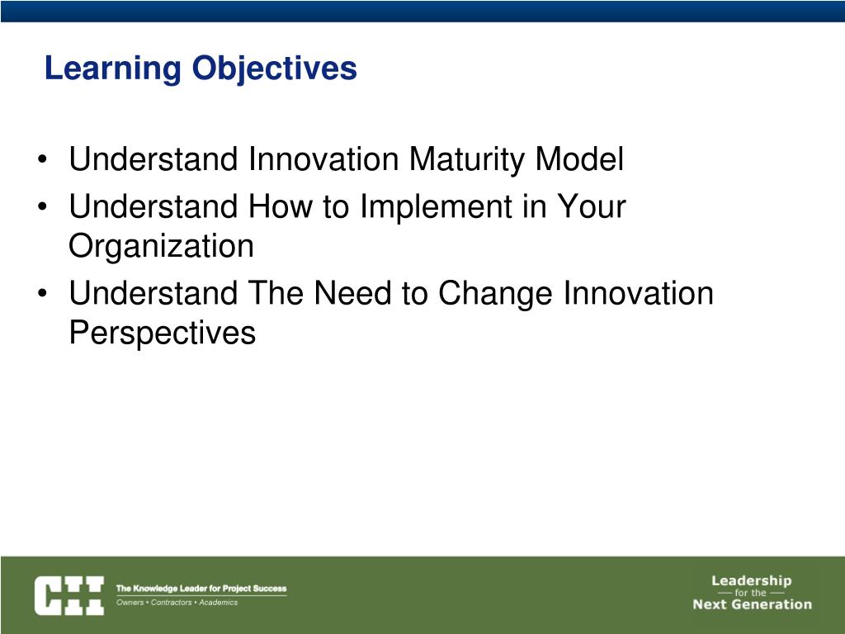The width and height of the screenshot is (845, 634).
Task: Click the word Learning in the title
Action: (113, 69)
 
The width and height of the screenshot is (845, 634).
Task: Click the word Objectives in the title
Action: (274, 69)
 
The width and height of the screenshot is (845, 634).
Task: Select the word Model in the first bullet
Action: (579, 159)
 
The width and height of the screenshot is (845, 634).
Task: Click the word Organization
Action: (161, 247)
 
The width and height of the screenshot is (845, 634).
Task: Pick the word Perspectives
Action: (163, 333)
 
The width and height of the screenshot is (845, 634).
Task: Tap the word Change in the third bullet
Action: (495, 295)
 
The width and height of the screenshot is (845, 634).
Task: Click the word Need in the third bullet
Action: (352, 293)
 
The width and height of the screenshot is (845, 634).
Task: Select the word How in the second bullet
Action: (280, 206)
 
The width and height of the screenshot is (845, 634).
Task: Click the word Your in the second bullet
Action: (591, 206)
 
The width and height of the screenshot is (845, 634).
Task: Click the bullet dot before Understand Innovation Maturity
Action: (43, 160)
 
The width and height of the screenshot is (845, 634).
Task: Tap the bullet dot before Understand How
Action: (43, 207)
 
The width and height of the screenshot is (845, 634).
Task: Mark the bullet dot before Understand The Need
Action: (43, 294)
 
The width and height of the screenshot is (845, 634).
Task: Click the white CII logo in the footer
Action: (69, 595)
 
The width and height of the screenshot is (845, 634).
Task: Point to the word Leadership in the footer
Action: (751, 580)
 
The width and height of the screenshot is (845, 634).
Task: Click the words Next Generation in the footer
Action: (753, 604)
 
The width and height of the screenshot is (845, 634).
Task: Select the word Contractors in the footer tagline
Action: (172, 602)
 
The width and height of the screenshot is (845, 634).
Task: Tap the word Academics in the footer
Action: (218, 602)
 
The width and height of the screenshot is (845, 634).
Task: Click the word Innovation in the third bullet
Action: (639, 293)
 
